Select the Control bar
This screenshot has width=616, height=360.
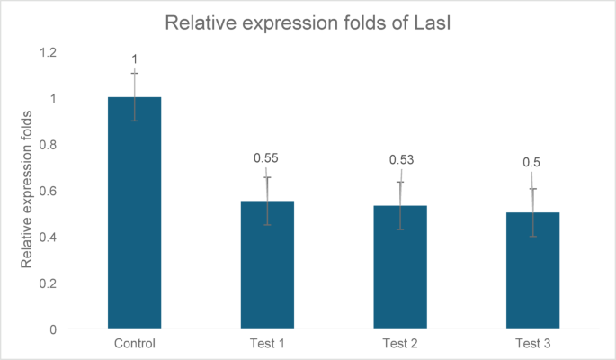click(135, 216)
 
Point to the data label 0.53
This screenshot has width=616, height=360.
click(400, 160)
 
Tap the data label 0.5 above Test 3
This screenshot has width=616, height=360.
click(531, 163)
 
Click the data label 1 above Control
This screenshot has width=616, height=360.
click(135, 58)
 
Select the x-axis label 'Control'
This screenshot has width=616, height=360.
click(135, 344)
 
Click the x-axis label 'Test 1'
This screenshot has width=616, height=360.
click(267, 344)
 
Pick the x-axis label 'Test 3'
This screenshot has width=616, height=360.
click(533, 344)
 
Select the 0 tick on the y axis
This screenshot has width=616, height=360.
click(52, 329)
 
